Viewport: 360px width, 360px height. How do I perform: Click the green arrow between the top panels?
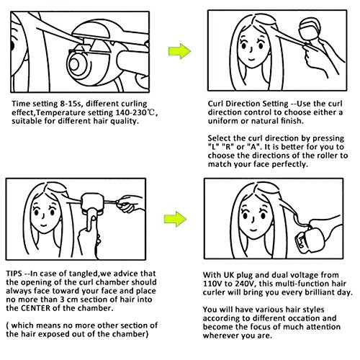point(179,51)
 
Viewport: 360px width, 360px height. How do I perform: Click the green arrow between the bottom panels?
point(175,219)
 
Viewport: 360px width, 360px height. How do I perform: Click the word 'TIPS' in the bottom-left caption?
point(14,274)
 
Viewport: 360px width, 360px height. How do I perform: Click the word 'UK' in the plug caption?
point(229,275)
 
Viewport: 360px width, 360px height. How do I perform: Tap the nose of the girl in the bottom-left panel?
point(43,216)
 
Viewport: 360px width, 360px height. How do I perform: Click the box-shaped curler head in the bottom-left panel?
point(92,204)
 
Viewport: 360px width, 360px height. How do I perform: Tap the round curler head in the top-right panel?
point(310,29)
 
